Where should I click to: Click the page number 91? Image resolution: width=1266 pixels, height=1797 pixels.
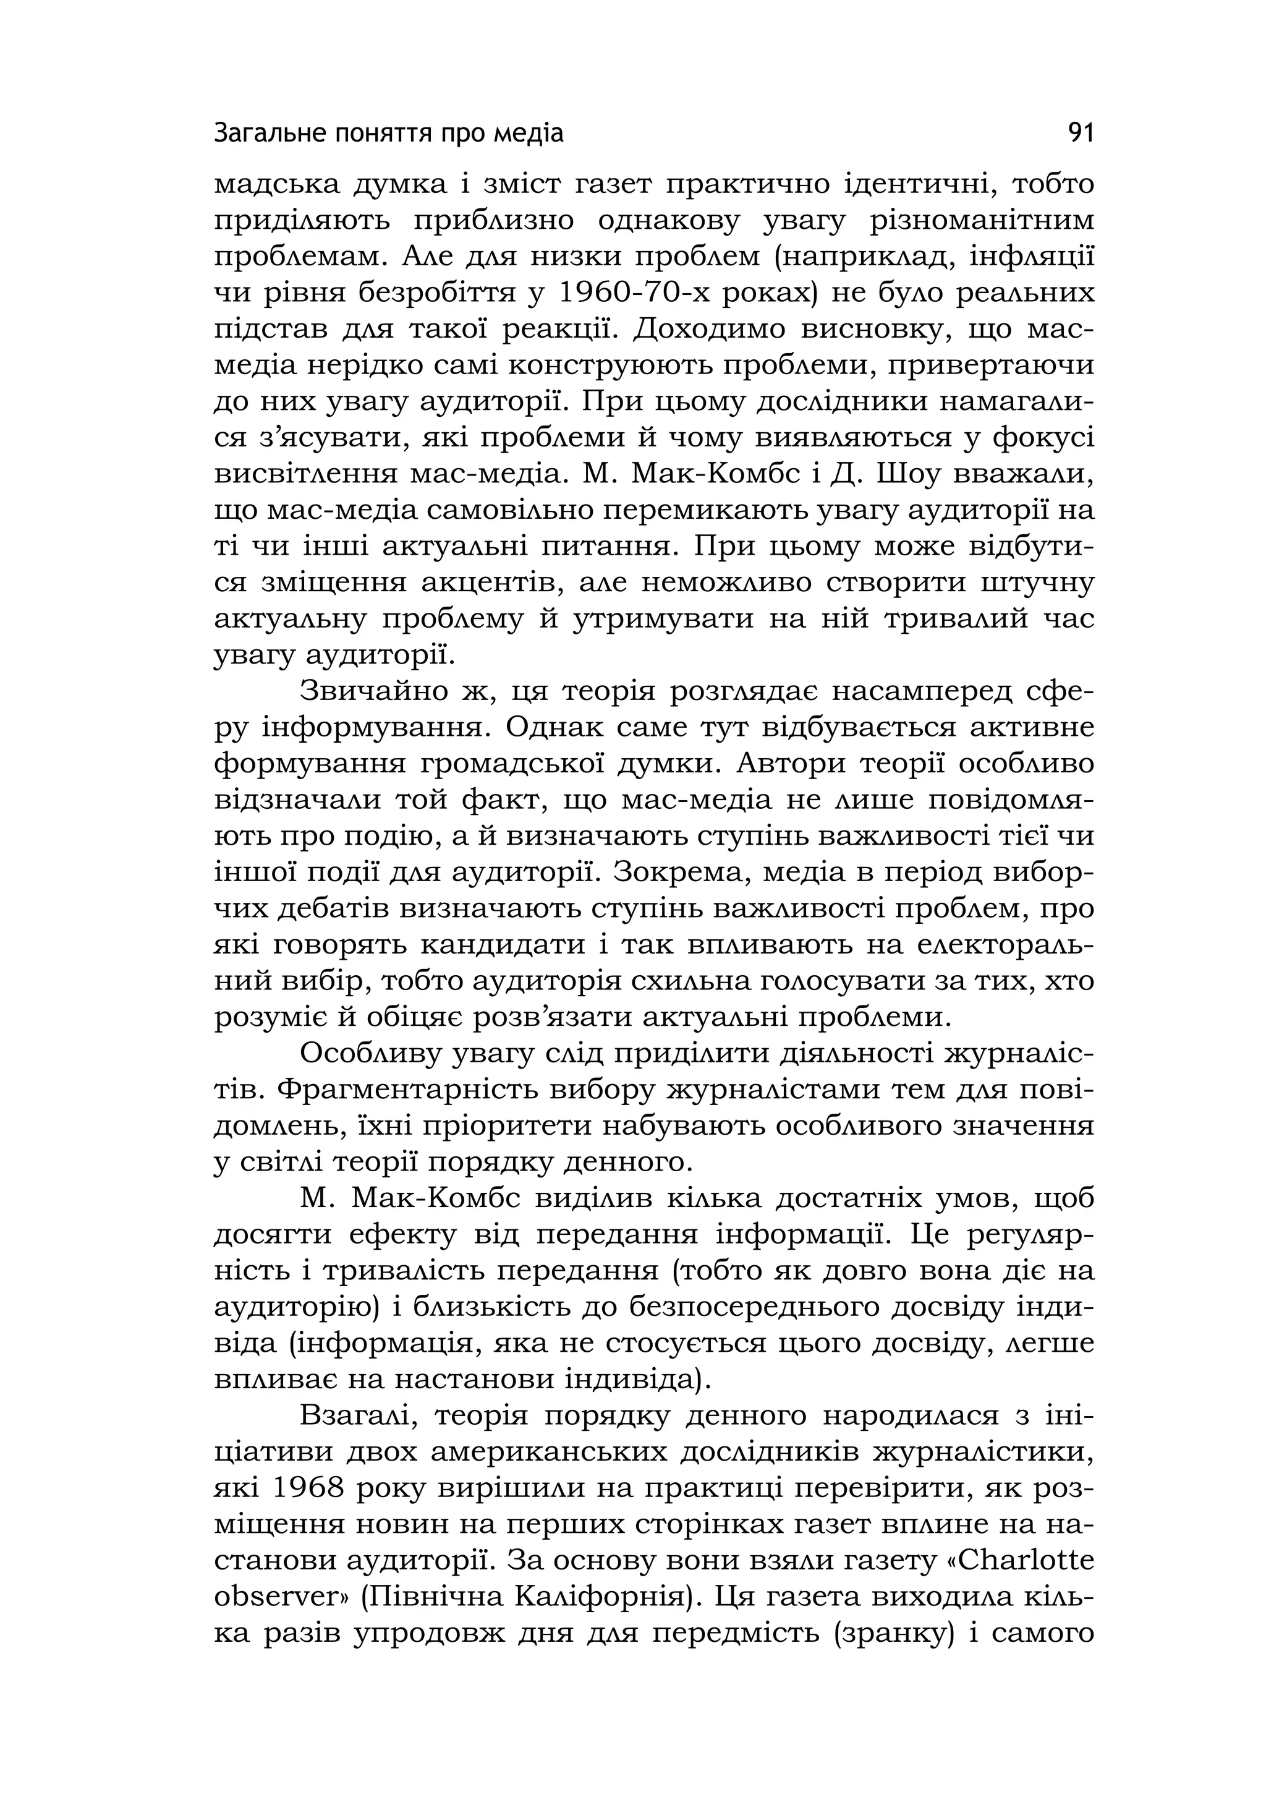(1081, 134)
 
